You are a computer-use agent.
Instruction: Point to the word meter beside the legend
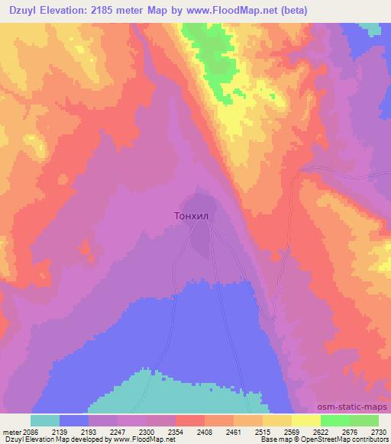click(x=11, y=430)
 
